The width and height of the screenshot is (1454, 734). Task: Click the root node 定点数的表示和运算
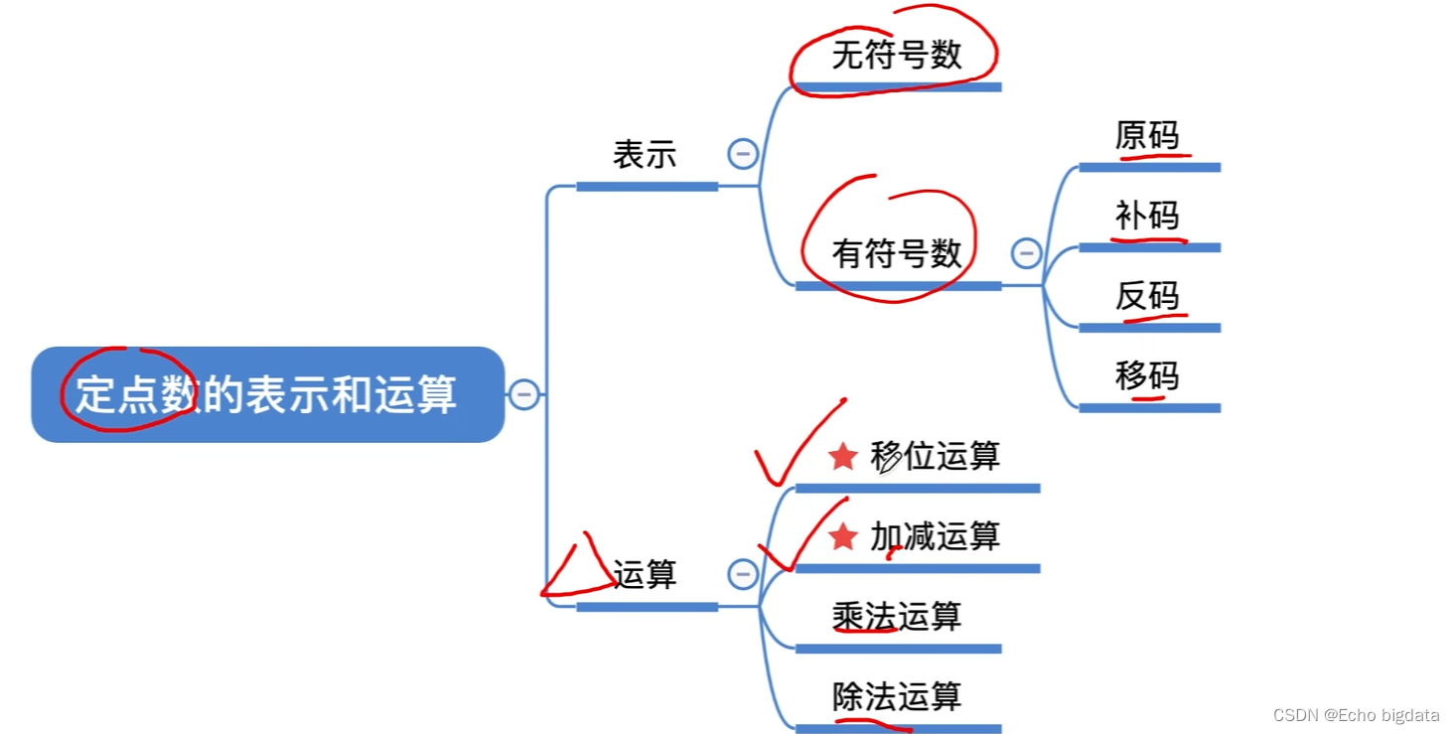(x=267, y=394)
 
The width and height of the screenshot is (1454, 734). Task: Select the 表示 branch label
(x=645, y=155)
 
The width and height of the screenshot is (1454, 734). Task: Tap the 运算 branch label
(x=645, y=574)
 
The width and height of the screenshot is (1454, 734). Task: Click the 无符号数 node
(x=897, y=55)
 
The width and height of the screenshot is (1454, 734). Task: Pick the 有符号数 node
(x=897, y=253)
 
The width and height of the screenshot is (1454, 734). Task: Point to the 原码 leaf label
(x=1147, y=136)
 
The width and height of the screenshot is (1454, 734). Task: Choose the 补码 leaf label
(x=1147, y=216)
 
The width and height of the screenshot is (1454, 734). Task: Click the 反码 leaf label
(x=1147, y=296)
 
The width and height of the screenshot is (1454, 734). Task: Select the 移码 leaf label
(x=1147, y=375)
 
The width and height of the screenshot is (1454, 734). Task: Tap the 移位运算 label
(x=935, y=456)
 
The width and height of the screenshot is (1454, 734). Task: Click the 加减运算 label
(x=935, y=536)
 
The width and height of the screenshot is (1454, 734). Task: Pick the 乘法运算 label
(x=897, y=617)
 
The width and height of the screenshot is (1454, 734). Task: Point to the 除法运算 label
(x=897, y=696)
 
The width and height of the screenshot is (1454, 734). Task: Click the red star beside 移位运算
(x=843, y=456)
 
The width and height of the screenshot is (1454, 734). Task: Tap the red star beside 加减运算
(x=843, y=536)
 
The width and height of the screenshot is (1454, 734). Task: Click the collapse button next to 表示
(x=743, y=154)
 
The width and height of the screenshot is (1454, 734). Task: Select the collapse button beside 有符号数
(x=1026, y=253)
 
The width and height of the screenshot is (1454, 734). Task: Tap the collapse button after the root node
(x=523, y=394)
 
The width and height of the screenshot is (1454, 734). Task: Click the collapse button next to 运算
(x=743, y=574)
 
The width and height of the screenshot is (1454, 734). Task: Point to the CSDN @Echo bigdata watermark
(x=1356, y=715)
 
